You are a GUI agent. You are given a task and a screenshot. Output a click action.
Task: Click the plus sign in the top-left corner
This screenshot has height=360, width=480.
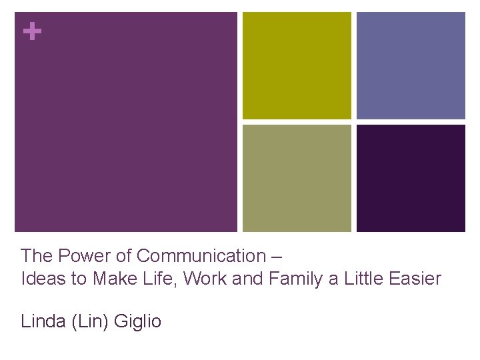31,31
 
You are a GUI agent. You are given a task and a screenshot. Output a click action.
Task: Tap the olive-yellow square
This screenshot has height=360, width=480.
297,65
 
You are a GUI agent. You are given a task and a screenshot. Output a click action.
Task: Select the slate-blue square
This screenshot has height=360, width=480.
411,65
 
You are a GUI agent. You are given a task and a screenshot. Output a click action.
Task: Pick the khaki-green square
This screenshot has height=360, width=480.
297,178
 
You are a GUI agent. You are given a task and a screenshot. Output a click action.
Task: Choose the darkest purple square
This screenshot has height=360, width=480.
411,178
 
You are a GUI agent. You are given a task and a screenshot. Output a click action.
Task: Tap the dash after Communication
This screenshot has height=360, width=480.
277,256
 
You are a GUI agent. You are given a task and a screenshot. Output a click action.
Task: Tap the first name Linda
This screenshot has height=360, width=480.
42,321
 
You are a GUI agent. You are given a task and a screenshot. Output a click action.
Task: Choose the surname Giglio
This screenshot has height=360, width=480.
138,322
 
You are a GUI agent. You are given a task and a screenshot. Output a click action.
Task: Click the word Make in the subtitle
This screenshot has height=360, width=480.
111,279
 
